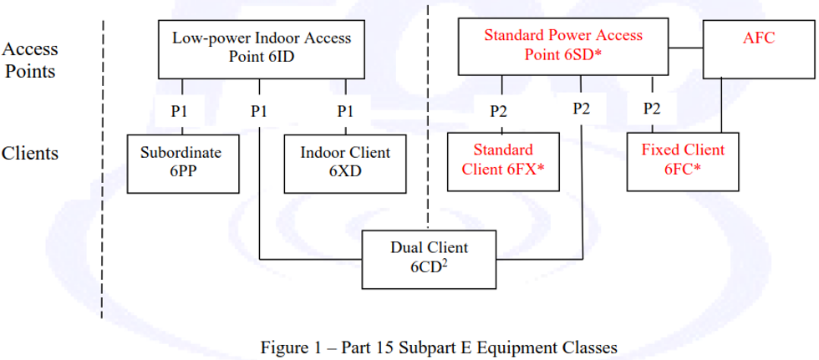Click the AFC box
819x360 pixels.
[x=759, y=48]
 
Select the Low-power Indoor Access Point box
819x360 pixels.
[x=262, y=48]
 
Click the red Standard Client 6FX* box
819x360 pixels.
[x=503, y=160]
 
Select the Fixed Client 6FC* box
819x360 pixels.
[x=683, y=160]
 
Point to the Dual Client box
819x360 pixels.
[x=430, y=258]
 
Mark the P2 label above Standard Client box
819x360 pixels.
[x=500, y=109]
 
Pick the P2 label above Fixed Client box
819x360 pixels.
[x=653, y=109]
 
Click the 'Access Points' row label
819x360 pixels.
[x=30, y=59]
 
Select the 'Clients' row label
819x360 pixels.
[x=30, y=154]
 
